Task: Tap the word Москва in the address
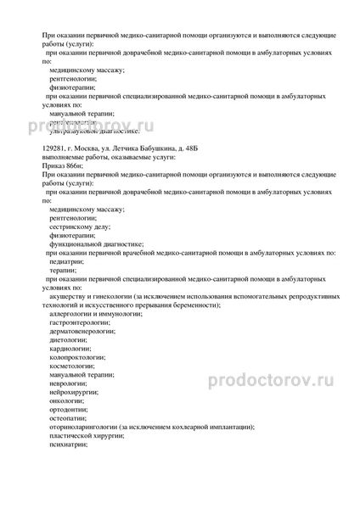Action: click(x=88, y=149)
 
